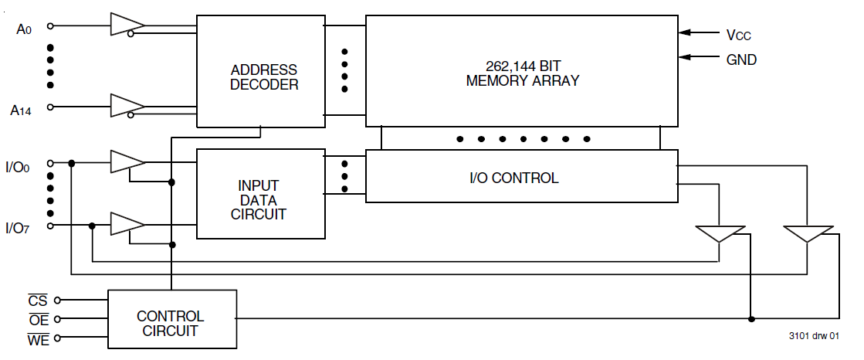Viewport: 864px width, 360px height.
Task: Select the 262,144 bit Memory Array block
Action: [x=522, y=71]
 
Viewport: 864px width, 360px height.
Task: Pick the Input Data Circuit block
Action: [x=261, y=193]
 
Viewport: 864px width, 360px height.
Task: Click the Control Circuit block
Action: [x=171, y=323]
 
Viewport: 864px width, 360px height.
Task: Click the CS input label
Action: [x=38, y=300]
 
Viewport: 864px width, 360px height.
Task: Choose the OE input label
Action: [x=38, y=319]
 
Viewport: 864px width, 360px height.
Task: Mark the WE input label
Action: [x=38, y=338]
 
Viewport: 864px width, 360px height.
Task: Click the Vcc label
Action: [x=738, y=35]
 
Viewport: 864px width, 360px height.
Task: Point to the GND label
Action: [x=741, y=59]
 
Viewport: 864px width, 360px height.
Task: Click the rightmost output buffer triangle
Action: [x=808, y=233]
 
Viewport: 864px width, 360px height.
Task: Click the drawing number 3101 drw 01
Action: [x=814, y=337]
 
